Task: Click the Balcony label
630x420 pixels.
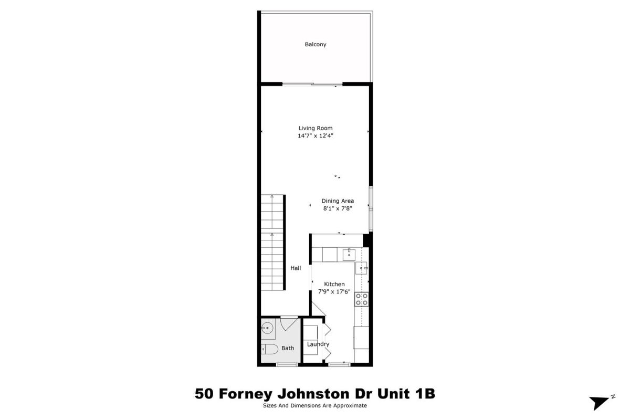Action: pyautogui.click(x=316, y=45)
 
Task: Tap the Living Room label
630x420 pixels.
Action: pyautogui.click(x=316, y=128)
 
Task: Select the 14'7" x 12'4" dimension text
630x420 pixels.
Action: pyautogui.click(x=316, y=135)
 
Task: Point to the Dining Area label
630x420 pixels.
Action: pyautogui.click(x=338, y=201)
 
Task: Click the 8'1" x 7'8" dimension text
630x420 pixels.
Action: pyautogui.click(x=338, y=208)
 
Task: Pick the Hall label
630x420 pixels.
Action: pyautogui.click(x=296, y=268)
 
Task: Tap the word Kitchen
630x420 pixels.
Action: pyautogui.click(x=334, y=284)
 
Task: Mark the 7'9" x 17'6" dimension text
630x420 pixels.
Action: pyautogui.click(x=334, y=292)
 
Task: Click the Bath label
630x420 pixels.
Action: pyautogui.click(x=288, y=348)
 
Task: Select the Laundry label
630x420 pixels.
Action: pyautogui.click(x=318, y=344)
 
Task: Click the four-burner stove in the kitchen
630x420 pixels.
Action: pyautogui.click(x=361, y=299)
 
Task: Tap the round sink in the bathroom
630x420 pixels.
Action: pyautogui.click(x=267, y=328)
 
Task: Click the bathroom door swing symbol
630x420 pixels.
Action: pyautogui.click(x=289, y=323)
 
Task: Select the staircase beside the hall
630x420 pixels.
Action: pyautogui.click(x=272, y=243)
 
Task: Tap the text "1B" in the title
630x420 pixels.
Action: pyautogui.click(x=425, y=394)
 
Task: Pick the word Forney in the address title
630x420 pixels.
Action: pyautogui.click(x=246, y=394)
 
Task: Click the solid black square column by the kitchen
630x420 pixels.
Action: pyautogui.click(x=366, y=240)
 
